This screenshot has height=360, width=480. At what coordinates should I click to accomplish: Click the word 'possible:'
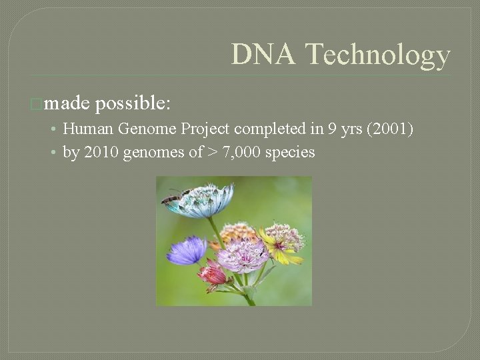(x=133, y=104)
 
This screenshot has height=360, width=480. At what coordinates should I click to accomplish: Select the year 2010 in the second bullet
(x=95, y=152)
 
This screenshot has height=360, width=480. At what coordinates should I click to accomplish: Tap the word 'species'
(x=290, y=153)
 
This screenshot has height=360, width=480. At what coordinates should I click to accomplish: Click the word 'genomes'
(x=149, y=153)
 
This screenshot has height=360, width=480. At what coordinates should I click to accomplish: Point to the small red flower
(x=213, y=274)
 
